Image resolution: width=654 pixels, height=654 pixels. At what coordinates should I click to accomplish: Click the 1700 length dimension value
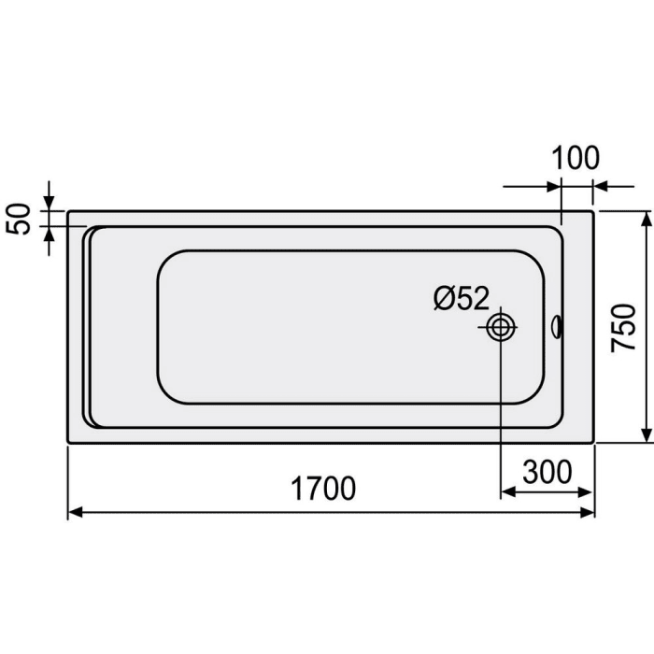[322, 489]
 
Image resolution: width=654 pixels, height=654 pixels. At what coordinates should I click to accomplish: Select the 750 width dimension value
[623, 327]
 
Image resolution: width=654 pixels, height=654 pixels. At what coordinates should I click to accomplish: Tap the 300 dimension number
[547, 473]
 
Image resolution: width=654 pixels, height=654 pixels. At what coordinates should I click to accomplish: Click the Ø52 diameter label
[462, 299]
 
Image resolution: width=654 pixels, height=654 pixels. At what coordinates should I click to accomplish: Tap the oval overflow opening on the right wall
[558, 327]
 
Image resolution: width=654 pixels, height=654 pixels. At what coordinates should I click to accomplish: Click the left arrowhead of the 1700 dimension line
[75, 512]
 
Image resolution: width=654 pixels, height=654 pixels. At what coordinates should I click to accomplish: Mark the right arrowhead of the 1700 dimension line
[589, 512]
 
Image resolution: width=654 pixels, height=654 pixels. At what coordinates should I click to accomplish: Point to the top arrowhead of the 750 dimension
[646, 218]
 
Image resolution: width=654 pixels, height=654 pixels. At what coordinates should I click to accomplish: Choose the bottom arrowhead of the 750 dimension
[646, 435]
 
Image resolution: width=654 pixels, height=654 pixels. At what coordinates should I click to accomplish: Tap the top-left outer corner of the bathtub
[68, 211]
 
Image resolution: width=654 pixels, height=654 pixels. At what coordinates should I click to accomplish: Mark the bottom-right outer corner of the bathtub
[595, 442]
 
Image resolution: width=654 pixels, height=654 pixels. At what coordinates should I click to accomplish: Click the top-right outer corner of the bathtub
[595, 211]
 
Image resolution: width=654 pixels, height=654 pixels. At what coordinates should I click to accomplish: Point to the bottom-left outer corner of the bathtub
[68, 442]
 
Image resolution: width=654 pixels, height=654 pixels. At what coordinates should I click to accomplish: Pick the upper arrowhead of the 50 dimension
[50, 205]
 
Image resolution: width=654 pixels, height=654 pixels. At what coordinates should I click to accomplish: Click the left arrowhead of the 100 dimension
[555, 186]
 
